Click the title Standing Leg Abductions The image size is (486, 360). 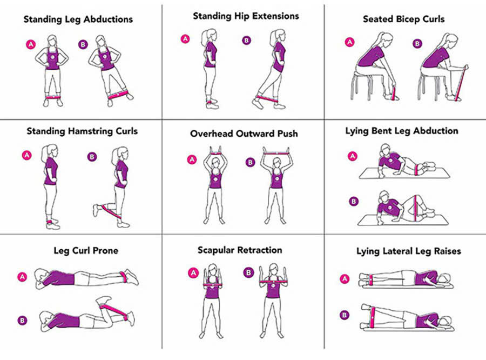pos(78,19)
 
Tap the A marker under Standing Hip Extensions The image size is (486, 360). pos(185,38)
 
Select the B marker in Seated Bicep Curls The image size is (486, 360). pos(417,43)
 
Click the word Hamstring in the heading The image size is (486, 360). pos(93,131)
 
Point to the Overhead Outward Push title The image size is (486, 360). pos(244,134)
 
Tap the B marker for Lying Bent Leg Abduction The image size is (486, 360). pos(354,201)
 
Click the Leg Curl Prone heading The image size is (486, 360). pos(86,250)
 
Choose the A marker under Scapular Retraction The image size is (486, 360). pos(193,272)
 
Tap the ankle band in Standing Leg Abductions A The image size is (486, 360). pos(52,97)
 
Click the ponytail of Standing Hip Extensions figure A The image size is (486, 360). pos(203,38)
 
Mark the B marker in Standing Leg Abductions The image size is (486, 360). pos(82,44)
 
